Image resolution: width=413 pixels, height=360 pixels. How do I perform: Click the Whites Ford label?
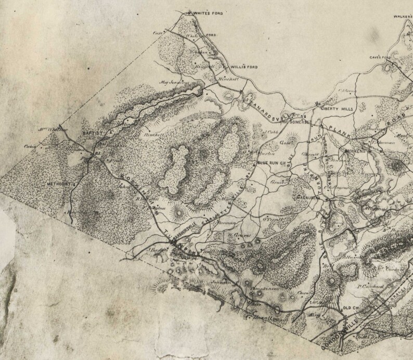pos(208,12)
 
